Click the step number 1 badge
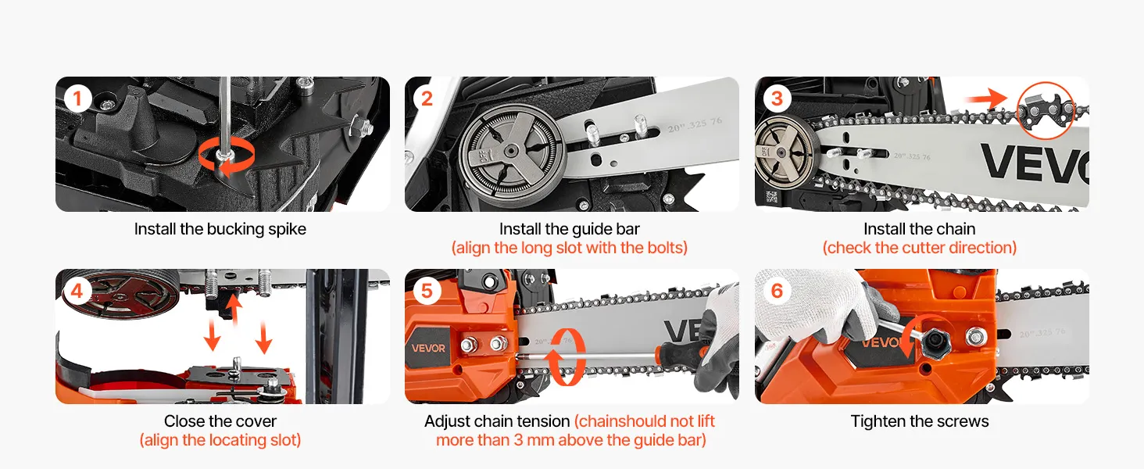(x=77, y=98)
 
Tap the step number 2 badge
(x=427, y=98)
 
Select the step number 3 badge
(x=777, y=98)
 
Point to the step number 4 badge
(x=77, y=291)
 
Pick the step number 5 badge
(x=427, y=291)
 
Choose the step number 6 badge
(x=777, y=291)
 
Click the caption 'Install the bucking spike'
(x=220, y=229)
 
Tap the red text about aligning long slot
(x=570, y=248)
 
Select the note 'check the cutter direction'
(x=919, y=248)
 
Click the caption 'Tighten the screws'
(x=919, y=421)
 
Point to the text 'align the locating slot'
(x=220, y=440)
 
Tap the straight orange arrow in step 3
(x=985, y=98)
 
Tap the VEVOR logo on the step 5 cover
(x=428, y=349)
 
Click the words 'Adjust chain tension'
(x=497, y=421)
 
